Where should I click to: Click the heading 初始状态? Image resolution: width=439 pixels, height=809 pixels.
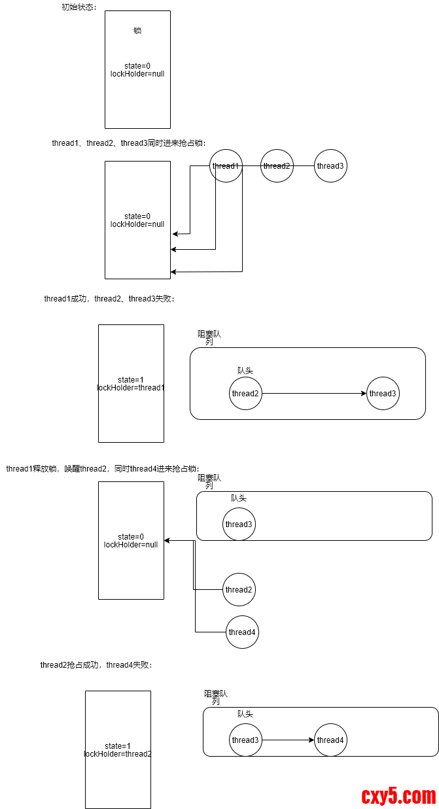pyautogui.click(x=77, y=7)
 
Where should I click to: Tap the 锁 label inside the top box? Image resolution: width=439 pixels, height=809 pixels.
pyautogui.click(x=137, y=30)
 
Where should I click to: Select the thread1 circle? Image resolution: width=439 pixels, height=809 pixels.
pyautogui.click(x=226, y=166)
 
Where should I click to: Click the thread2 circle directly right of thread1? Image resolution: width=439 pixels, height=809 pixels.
pyautogui.click(x=277, y=166)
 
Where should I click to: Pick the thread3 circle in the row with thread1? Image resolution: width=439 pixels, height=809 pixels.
pyautogui.click(x=330, y=166)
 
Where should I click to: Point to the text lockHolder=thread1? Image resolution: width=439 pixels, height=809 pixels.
pyautogui.click(x=131, y=388)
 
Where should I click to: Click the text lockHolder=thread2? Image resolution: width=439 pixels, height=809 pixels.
pyautogui.click(x=118, y=754)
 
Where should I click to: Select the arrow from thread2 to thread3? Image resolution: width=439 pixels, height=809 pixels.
pyautogui.click(x=314, y=394)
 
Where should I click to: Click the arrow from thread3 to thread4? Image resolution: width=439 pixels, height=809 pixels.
pyautogui.click(x=288, y=740)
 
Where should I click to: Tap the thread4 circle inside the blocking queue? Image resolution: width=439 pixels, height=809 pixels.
pyautogui.click(x=330, y=740)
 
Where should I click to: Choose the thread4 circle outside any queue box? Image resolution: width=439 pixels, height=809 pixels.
pyautogui.click(x=242, y=632)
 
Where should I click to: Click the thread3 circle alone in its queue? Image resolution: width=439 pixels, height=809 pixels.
pyautogui.click(x=239, y=525)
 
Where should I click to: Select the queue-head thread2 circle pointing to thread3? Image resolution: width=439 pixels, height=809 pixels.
pyautogui.click(x=246, y=394)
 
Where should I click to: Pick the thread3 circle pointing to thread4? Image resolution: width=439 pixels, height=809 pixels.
pyautogui.click(x=246, y=740)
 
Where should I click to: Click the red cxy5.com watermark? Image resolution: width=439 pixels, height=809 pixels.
pyautogui.click(x=398, y=796)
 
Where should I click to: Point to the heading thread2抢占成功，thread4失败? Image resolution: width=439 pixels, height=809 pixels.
pyautogui.click(x=96, y=665)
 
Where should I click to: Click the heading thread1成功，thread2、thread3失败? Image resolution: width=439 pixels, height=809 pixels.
pyautogui.click(x=109, y=299)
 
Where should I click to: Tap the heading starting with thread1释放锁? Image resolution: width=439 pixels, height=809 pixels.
pyautogui.click(x=102, y=469)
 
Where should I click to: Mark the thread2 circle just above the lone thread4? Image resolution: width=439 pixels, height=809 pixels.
pyautogui.click(x=239, y=590)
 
